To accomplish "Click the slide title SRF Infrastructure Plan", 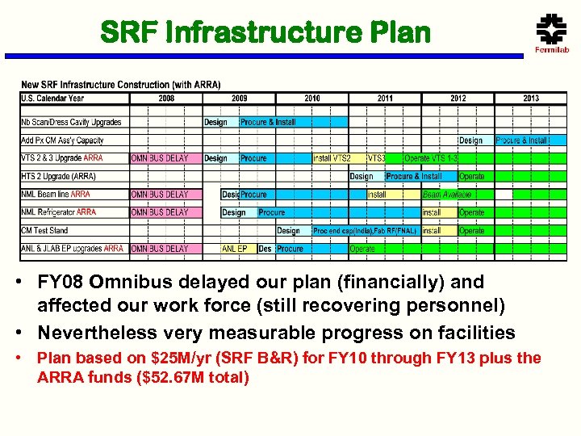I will pyautogui.click(x=265, y=32).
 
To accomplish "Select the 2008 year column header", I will pyautogui.click(x=166, y=99).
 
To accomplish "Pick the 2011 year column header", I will pyautogui.click(x=385, y=99).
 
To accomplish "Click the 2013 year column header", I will pyautogui.click(x=530, y=99).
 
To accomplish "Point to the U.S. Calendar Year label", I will pyautogui.click(x=52, y=99).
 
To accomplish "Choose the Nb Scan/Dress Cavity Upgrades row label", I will pyautogui.click(x=71, y=123).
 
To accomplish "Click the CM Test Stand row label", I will pyautogui.click(x=44, y=231).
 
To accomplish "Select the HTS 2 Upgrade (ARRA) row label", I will pyautogui.click(x=58, y=176).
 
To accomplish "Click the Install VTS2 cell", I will pyautogui.click(x=332, y=158).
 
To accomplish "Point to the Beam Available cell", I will pyautogui.click(x=446, y=195).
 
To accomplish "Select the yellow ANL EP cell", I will pyautogui.click(x=235, y=249).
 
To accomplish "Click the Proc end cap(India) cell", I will pyautogui.click(x=342, y=231).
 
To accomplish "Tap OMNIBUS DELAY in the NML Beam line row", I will pyautogui.click(x=159, y=195).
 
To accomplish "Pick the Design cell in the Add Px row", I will pyautogui.click(x=470, y=140).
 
